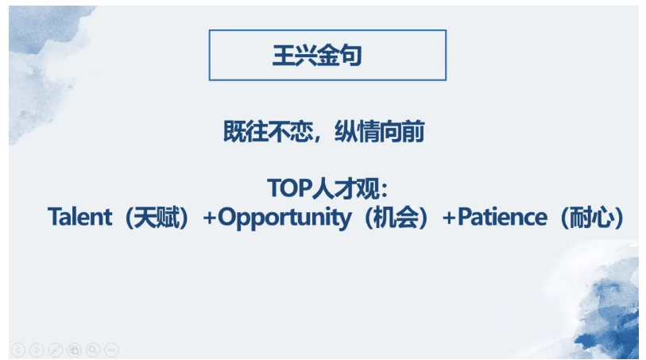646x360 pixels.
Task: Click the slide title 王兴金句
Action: click(x=317, y=55)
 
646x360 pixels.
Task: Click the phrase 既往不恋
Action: click(x=269, y=132)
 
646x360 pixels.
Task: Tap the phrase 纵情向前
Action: click(x=380, y=132)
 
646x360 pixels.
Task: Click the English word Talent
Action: click(x=80, y=217)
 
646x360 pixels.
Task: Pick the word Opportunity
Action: click(x=284, y=218)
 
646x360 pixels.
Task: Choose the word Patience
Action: click(x=503, y=217)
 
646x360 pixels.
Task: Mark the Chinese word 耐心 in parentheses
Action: click(x=593, y=217)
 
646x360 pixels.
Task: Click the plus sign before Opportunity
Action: click(x=209, y=218)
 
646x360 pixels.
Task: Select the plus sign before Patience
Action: click(x=449, y=218)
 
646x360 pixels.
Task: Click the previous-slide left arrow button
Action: click(x=18, y=350)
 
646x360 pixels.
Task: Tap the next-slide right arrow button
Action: click(x=37, y=350)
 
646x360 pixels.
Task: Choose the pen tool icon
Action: click(x=56, y=350)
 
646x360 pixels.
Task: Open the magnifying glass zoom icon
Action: click(x=93, y=350)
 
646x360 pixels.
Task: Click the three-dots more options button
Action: click(x=112, y=350)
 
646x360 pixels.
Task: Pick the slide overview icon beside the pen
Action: click(x=74, y=350)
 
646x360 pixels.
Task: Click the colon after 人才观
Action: click(x=385, y=190)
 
